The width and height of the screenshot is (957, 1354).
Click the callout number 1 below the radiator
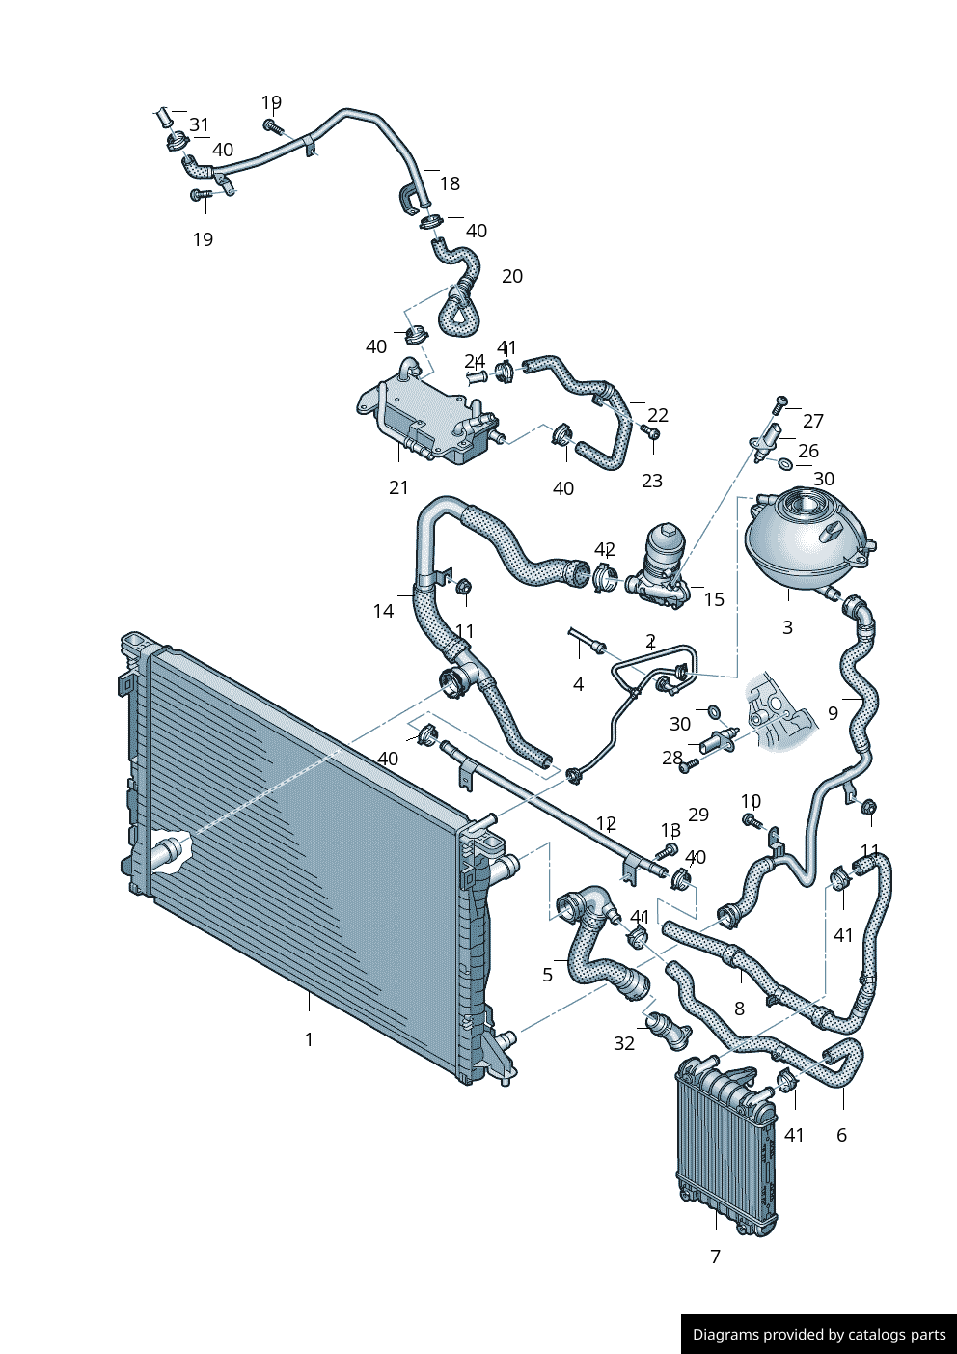pos(309,1039)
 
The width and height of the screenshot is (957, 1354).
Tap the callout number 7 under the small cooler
pos(715,1257)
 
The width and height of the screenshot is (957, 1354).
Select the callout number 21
pos(398,487)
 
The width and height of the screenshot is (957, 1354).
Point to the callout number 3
pos(787,627)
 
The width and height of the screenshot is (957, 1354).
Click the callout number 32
pos(624,1043)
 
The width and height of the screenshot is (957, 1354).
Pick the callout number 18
pos(450,183)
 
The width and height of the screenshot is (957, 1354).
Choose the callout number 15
pos(714,599)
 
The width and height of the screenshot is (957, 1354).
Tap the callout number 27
pos(813,420)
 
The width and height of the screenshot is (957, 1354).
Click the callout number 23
pos(652,481)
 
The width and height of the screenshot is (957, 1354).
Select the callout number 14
pos(383,611)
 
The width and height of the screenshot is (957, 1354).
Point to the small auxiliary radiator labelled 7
pos(726,1147)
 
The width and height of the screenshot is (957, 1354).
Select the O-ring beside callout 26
pos(785,463)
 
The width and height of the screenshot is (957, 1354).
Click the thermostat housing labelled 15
pos(660,568)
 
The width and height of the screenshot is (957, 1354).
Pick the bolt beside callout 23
pos(650,432)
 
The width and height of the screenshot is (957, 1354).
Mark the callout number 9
pos(834,713)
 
